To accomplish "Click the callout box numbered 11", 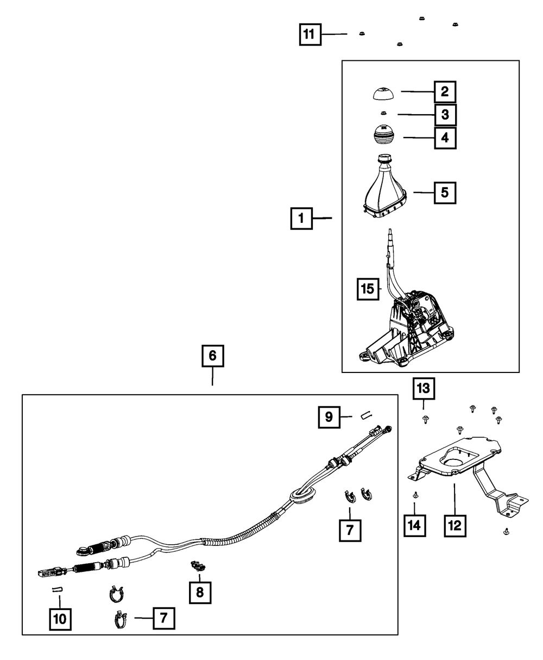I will tap(308, 35).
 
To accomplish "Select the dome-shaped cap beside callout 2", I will tap(384, 93).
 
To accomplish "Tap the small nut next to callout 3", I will tap(383, 113).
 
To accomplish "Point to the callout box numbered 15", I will tap(367, 289).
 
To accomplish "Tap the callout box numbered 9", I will tap(329, 417).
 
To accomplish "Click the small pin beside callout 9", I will tap(364, 416).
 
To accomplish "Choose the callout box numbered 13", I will tap(423, 389).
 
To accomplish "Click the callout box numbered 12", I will tap(454, 526).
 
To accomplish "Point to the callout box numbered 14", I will tap(415, 525).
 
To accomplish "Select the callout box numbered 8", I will tap(199, 592).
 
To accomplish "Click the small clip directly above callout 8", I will tap(197, 566).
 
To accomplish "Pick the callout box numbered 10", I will tap(60, 618).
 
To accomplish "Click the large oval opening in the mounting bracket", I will tap(454, 463).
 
